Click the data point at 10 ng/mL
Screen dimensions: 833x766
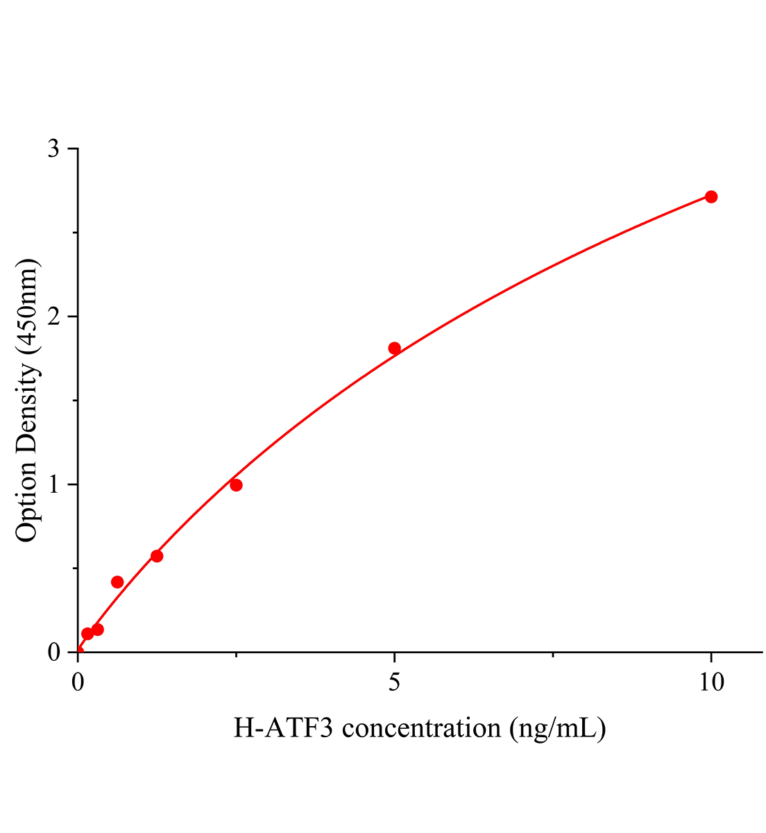[710, 196]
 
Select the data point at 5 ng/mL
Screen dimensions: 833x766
[394, 348]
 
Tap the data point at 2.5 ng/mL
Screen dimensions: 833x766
[236, 485]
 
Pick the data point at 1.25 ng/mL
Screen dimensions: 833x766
[157, 555]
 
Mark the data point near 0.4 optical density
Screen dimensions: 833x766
[117, 582]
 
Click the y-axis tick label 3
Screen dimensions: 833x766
[53, 149]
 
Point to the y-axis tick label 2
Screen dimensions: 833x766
[53, 317]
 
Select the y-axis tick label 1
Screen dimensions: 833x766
[53, 485]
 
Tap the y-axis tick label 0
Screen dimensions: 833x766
[53, 653]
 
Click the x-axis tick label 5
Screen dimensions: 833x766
[394, 682]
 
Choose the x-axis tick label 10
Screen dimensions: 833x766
[710, 682]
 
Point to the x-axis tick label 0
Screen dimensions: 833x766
[78, 682]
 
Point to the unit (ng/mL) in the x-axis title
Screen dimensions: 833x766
[557, 728]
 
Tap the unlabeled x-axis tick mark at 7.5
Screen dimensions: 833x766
[552, 655]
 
